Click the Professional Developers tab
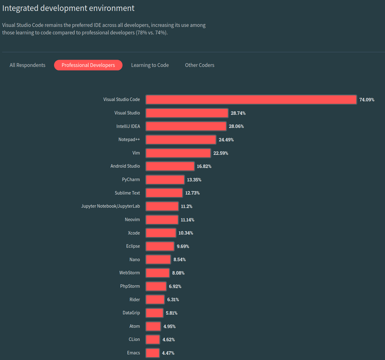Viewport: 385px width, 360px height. point(88,65)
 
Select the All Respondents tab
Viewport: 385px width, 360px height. point(27,65)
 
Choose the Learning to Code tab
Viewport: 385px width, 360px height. point(150,65)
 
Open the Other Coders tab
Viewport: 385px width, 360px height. point(200,65)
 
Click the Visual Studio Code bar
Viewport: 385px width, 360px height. point(251,99)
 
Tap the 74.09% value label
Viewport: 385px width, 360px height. point(367,100)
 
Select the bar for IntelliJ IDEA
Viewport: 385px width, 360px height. point(186,126)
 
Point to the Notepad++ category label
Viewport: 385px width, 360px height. point(129,139)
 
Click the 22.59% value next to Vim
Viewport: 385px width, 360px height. point(221,153)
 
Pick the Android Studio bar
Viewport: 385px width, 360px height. point(170,166)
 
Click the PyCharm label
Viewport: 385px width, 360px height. point(131,180)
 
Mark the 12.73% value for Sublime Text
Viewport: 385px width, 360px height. point(192,193)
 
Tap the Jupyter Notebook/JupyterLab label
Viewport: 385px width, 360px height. point(111,206)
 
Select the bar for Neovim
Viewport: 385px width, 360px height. point(162,220)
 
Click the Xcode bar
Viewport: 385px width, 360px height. point(161,233)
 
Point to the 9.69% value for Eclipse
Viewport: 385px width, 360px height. point(183,246)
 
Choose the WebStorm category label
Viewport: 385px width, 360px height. point(129,273)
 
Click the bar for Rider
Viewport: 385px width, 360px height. point(155,300)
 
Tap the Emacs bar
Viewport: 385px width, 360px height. point(152,353)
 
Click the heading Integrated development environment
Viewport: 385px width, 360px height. point(68,8)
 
